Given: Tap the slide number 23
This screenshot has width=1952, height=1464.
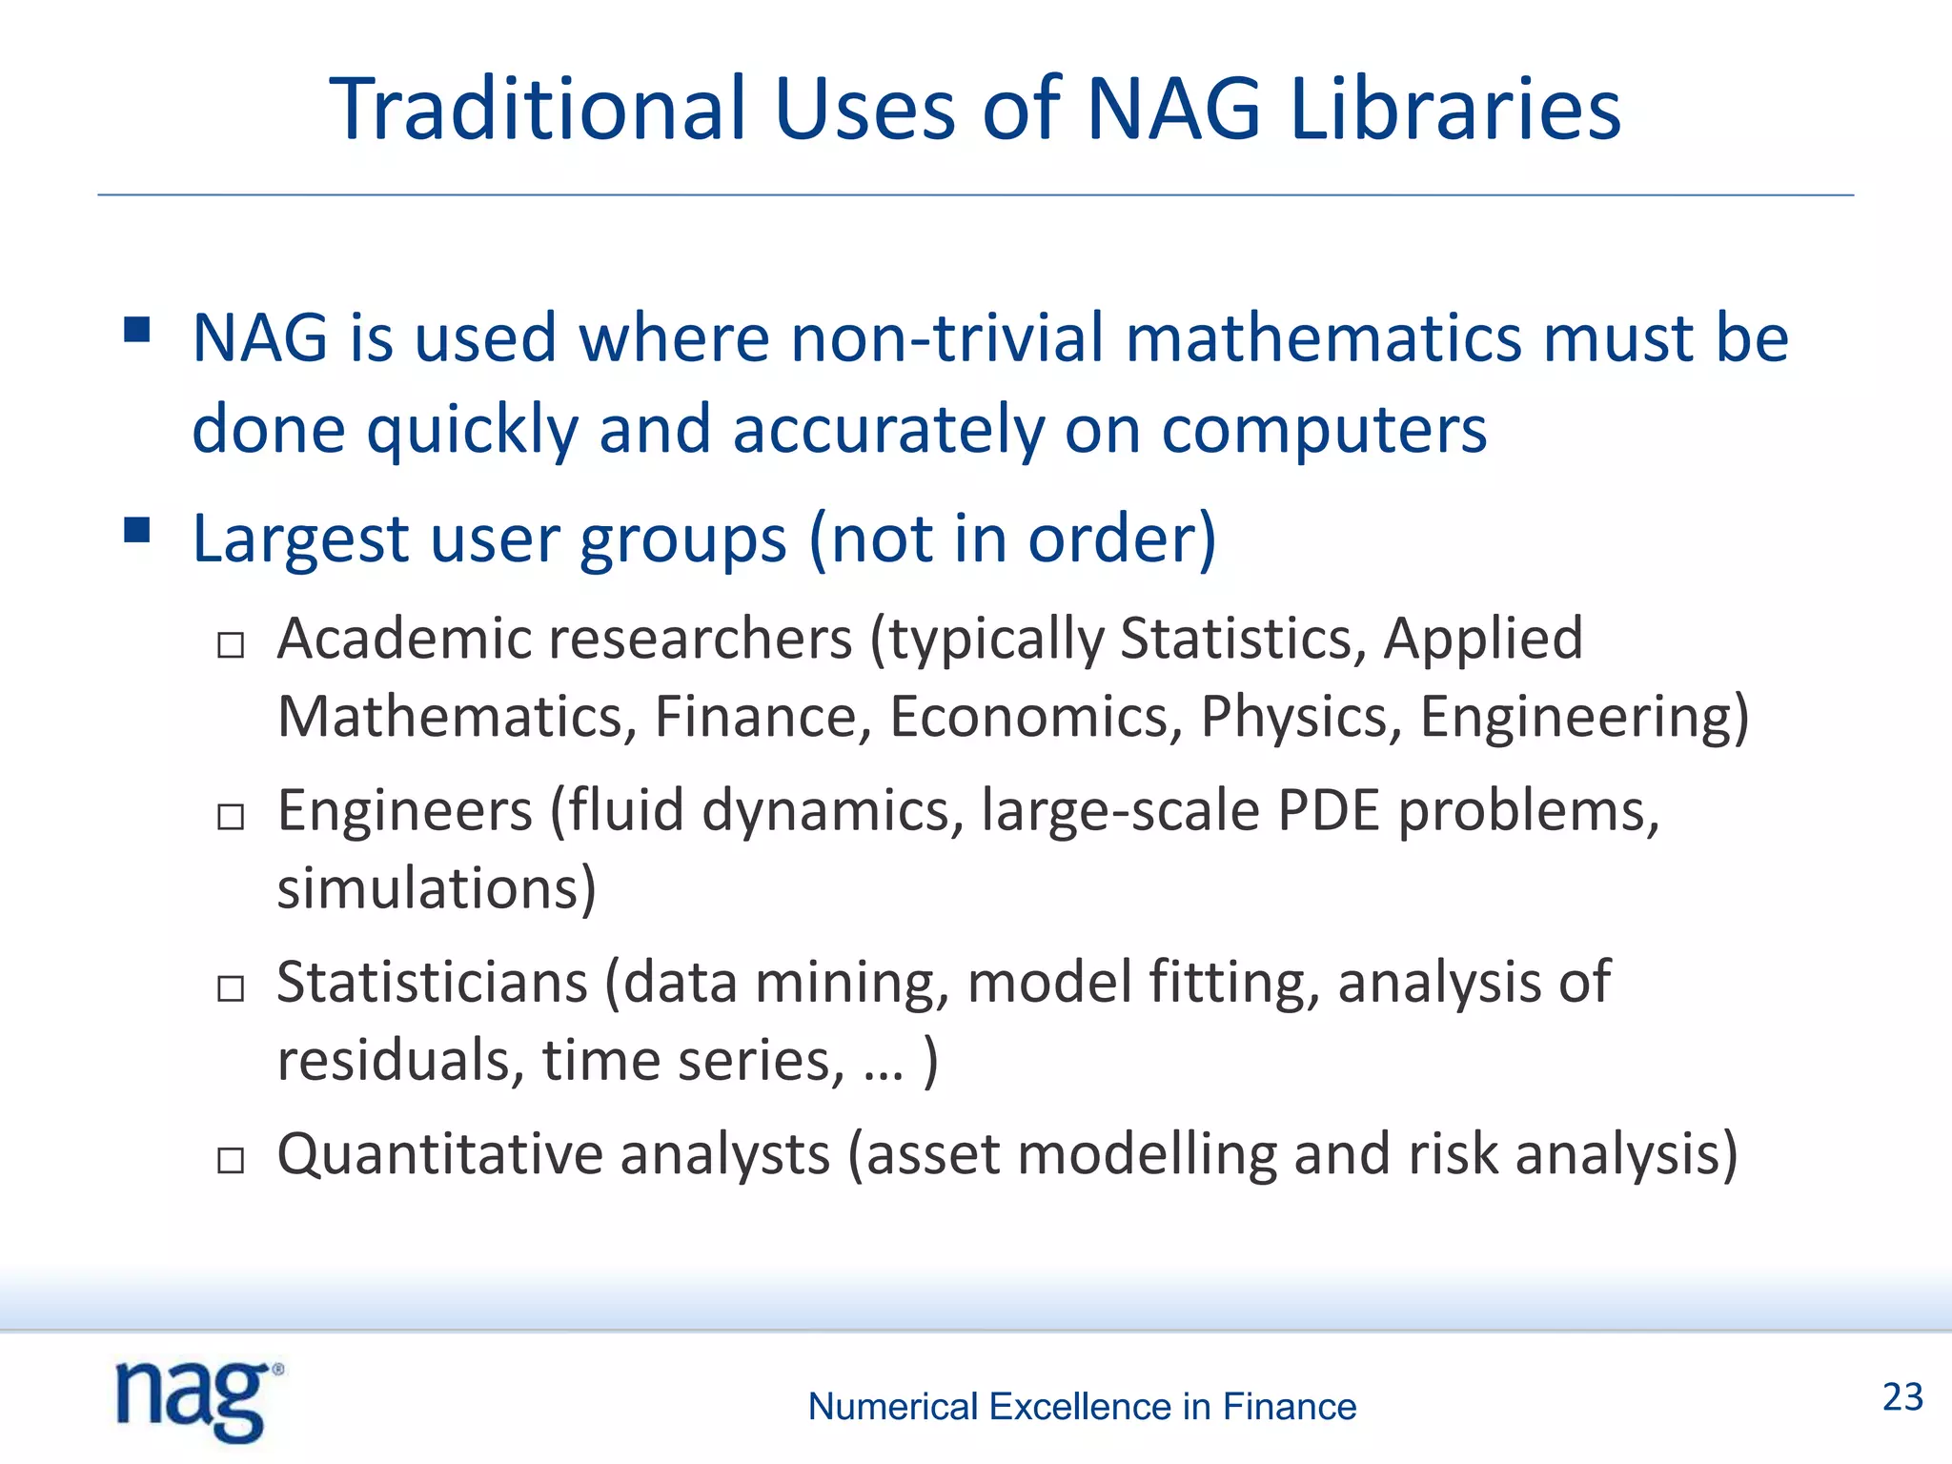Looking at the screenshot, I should [x=1902, y=1397].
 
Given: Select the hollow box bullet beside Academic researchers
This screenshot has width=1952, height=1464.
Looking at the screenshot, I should [x=231, y=645].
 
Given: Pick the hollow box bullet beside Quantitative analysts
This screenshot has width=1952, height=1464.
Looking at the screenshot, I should [x=231, y=1161].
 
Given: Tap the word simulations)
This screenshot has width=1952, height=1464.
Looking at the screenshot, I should [x=437, y=888].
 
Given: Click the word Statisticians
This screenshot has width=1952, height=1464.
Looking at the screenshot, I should [x=432, y=983].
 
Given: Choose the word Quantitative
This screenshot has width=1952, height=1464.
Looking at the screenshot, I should [x=439, y=1154].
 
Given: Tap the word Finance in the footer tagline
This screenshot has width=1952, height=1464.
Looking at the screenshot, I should [x=1289, y=1407].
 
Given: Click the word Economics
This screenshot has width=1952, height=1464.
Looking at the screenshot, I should [x=1036, y=716].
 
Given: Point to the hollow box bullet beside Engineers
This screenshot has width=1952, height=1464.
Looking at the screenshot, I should [x=231, y=817].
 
